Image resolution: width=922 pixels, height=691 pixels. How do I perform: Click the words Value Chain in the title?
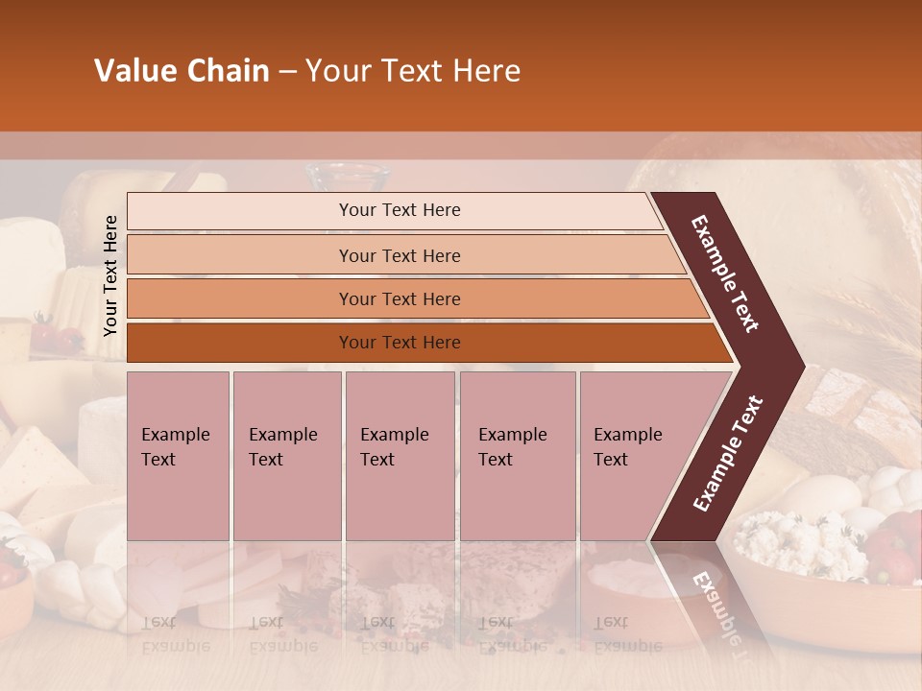coord(182,71)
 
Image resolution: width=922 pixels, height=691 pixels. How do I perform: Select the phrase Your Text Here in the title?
coord(413,71)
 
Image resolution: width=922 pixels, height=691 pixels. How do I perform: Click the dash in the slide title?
coord(287,72)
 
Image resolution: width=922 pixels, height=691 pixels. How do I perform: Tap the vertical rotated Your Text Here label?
coord(110,275)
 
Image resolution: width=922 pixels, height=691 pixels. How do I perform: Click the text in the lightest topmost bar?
coord(400,210)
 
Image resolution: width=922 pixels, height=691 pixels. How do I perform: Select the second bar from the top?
coord(400,255)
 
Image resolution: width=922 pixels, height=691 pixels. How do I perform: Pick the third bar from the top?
coord(400,298)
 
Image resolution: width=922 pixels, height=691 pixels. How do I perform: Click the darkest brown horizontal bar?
coord(400,343)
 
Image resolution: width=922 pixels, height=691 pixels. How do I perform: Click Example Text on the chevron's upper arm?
coord(726,274)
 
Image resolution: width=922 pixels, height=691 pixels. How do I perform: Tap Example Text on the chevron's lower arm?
coord(728,453)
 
